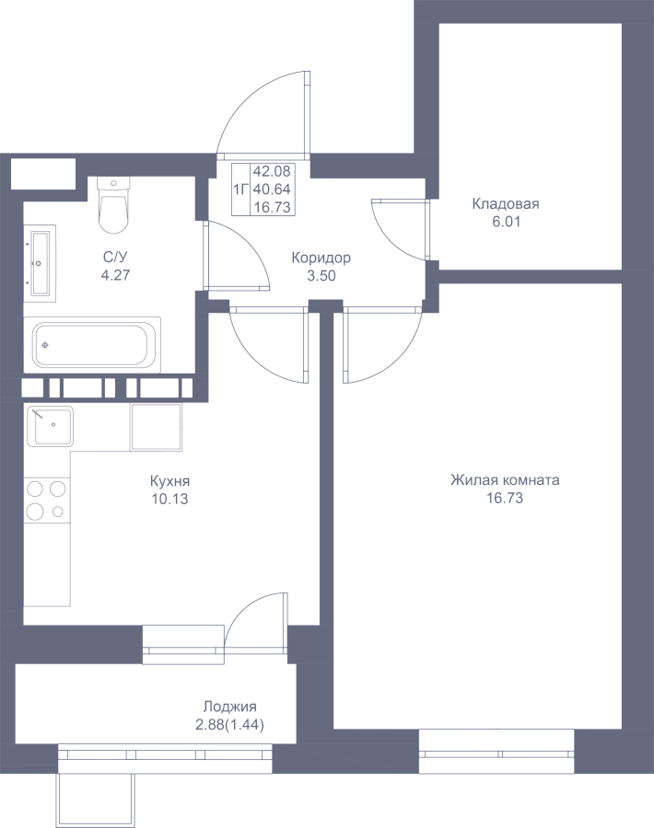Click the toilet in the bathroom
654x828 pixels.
(113, 205)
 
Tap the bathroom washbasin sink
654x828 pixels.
(41, 263)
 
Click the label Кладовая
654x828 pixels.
(506, 204)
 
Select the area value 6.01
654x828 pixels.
(506, 222)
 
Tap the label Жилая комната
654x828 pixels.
(505, 480)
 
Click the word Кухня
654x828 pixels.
(169, 481)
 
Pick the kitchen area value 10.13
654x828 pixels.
(169, 499)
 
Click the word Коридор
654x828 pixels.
(321, 259)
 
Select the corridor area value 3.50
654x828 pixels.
(321, 276)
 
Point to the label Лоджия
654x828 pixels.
(230, 707)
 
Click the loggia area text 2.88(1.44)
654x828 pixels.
(230, 725)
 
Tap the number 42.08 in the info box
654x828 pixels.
(272, 172)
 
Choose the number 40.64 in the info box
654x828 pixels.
(272, 189)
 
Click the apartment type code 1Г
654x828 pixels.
(240, 189)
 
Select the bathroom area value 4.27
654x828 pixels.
(115, 275)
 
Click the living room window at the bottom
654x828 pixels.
(496, 744)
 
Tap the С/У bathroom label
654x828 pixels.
(115, 258)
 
